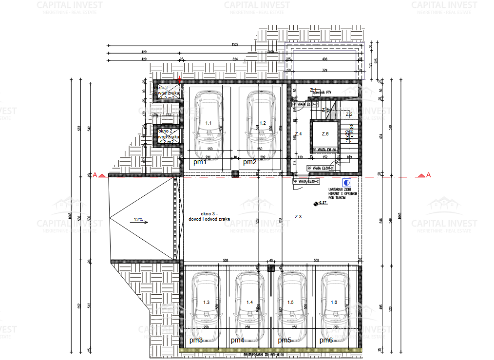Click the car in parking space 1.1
coord(208,123)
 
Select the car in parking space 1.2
coord(260,123)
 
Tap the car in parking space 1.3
coord(205,302)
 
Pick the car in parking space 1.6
coord(335,302)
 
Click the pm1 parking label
coord(200,162)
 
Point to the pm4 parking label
coord(237,340)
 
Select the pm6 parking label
coord(326,340)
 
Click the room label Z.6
coord(325,133)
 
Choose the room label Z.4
coord(299,133)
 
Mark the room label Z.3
coord(299,216)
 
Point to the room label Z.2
coord(349,114)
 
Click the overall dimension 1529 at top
coord(235,44)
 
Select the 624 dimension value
coord(235,59)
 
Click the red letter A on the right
coord(428,175)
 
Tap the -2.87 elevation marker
coord(322,203)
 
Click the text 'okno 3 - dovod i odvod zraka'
coord(209,217)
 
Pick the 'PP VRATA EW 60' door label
coord(324,150)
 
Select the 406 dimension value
coord(324,59)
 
